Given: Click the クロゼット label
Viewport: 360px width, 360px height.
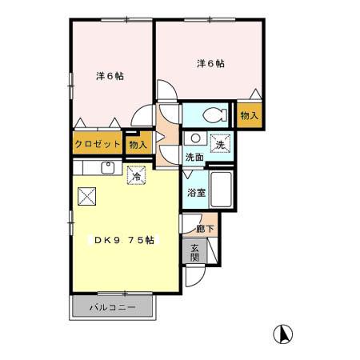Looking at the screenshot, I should point(98,144).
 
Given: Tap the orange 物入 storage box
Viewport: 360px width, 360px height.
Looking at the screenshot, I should point(249,115).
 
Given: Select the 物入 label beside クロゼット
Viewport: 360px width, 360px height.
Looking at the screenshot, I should point(138,144).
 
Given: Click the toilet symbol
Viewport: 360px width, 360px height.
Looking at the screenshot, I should point(211,114).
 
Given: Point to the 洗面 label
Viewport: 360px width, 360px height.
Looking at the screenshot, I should point(194,158).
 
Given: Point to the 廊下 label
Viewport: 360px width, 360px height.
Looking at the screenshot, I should point(206,229).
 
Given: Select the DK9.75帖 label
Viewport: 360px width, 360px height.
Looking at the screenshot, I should point(124,240).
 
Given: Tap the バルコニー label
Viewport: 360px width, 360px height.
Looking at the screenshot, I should point(112,307).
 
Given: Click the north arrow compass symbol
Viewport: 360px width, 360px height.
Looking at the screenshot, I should point(282,332).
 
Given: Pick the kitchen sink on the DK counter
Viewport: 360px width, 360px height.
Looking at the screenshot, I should point(107,168).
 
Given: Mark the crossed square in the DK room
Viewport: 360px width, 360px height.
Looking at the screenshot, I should point(86,195).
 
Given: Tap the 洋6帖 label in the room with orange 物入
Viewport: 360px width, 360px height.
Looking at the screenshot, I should point(210,62).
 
